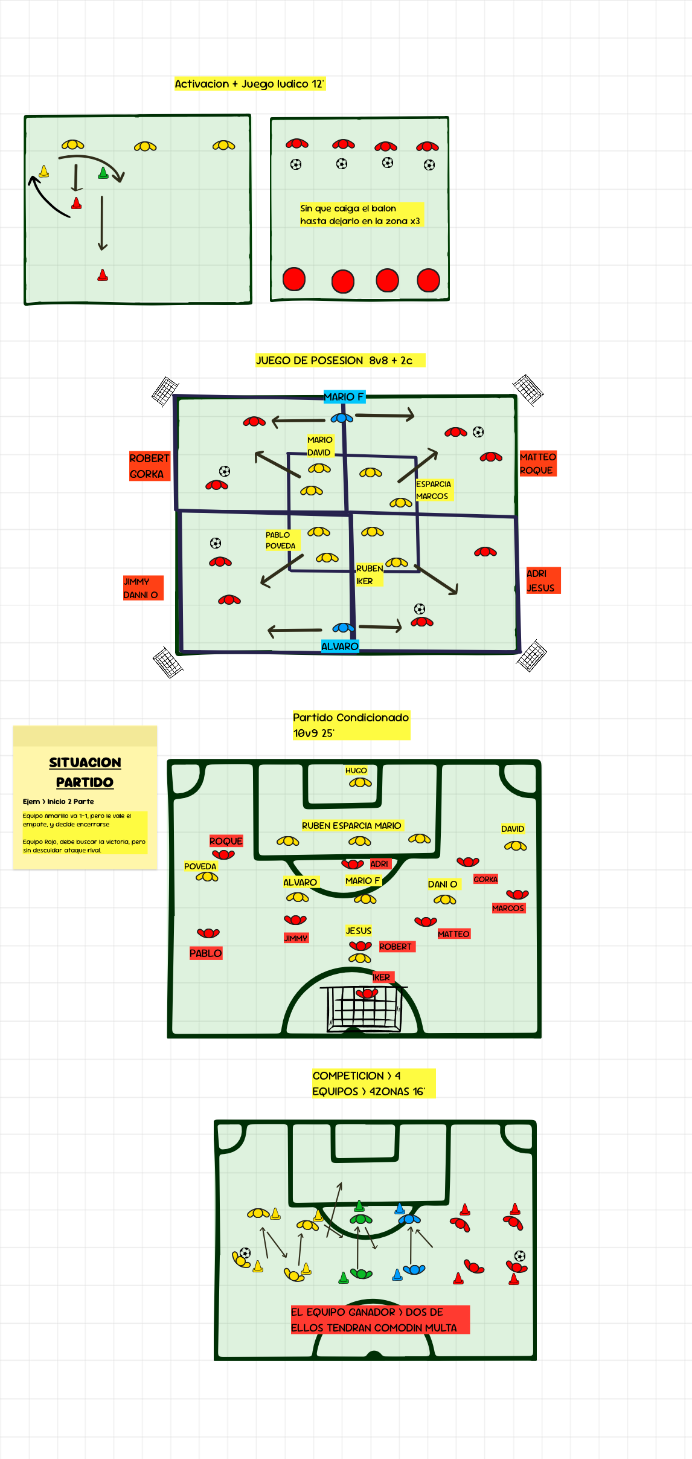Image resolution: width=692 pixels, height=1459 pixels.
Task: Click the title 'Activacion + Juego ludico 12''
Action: [x=249, y=84]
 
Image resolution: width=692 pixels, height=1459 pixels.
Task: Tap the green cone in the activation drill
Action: [x=103, y=173]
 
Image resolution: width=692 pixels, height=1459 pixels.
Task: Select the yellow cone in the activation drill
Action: [x=44, y=172]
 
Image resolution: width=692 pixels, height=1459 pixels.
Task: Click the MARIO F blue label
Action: [x=344, y=397]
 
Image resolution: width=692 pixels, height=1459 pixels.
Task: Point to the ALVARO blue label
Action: [x=340, y=646]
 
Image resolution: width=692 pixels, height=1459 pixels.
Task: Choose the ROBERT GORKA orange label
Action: [x=149, y=466]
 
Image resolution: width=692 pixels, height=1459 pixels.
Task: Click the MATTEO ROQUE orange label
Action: [x=537, y=463]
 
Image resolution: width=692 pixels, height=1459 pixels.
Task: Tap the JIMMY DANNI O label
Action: [x=141, y=588]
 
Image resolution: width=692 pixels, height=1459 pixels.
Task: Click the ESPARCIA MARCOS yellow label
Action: [x=433, y=490]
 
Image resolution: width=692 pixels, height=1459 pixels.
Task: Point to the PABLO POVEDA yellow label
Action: [x=280, y=540]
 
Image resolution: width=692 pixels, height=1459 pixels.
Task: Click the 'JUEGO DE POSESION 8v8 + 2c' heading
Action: [x=334, y=361]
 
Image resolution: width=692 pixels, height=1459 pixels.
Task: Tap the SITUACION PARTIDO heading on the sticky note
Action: [x=85, y=772]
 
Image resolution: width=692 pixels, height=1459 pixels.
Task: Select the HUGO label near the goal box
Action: [x=356, y=770]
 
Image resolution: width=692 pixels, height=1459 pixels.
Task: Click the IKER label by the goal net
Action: [x=382, y=977]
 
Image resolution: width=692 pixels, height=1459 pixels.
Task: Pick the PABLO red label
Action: [x=206, y=953]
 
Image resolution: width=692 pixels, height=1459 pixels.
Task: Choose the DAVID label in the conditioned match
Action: [x=513, y=829]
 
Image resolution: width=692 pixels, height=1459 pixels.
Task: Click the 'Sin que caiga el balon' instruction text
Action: [x=360, y=214]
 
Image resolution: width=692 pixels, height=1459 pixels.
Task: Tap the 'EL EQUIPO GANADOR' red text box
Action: [x=379, y=1319]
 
